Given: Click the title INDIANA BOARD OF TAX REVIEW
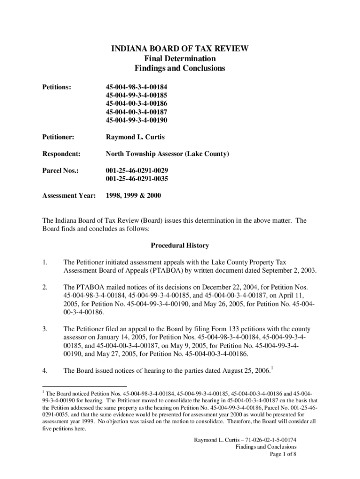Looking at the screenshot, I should (180, 49).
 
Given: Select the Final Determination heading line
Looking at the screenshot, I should (180, 58).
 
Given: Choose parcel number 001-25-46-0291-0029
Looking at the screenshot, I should (137, 170).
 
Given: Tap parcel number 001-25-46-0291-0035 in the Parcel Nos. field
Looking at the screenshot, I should (137, 179).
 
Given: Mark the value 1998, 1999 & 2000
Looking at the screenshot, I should (133, 196).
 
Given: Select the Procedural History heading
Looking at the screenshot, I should (180, 245).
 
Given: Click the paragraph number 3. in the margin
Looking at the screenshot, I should (45, 329).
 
